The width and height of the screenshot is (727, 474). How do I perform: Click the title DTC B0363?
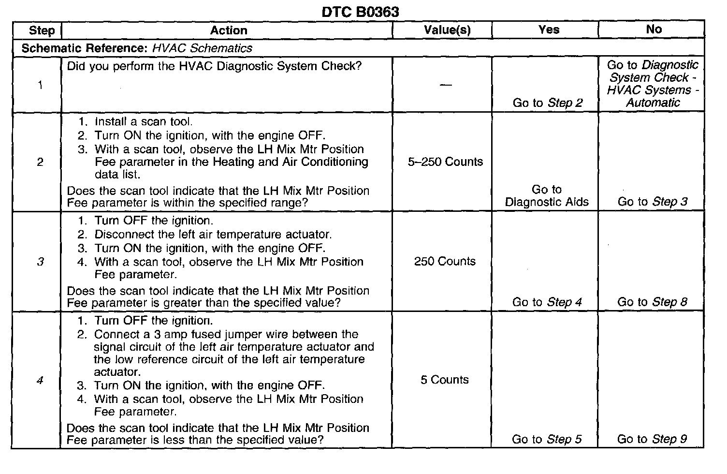click(360, 12)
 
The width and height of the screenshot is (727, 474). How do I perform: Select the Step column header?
click(42, 30)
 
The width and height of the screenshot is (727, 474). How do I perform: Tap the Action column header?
click(229, 30)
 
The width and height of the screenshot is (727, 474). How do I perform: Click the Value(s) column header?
click(447, 30)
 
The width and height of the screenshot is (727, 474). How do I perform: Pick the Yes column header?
click(549, 30)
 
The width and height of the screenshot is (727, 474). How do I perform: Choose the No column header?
click(654, 30)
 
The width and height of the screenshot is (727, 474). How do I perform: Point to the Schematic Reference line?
click(137, 48)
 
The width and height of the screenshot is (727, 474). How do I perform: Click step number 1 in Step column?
click(40, 86)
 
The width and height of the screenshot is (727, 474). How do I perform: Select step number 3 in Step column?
click(40, 262)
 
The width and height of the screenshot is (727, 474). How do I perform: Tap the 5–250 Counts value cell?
click(445, 162)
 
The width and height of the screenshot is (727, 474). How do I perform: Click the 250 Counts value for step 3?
click(445, 262)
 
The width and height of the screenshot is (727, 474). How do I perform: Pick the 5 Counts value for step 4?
click(445, 380)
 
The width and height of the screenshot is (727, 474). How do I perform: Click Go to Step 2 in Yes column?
click(548, 103)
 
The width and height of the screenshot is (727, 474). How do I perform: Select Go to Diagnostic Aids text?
click(547, 196)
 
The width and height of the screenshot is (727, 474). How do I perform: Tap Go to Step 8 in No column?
click(652, 302)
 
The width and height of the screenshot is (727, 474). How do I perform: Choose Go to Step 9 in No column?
click(652, 439)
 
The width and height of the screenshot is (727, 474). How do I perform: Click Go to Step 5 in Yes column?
click(547, 439)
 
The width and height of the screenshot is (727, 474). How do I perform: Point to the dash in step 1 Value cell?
click(446, 85)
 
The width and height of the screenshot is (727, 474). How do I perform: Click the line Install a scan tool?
click(144, 122)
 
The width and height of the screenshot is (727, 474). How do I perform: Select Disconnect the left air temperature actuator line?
click(213, 235)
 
